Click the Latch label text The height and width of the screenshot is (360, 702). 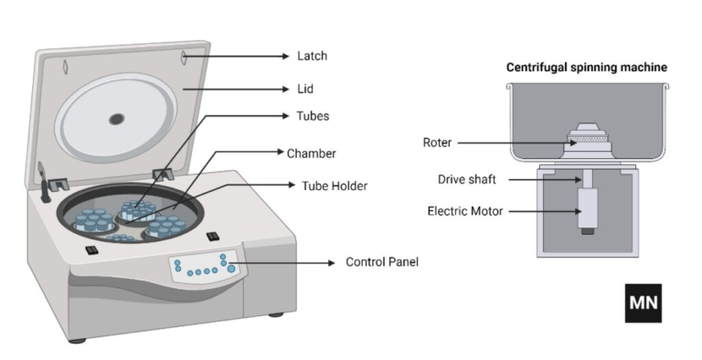312,57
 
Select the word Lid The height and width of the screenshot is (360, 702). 306,90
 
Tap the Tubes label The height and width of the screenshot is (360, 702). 312,117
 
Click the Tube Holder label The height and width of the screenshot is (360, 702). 335,185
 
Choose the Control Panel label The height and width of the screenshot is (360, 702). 381,262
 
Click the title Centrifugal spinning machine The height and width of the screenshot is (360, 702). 587,68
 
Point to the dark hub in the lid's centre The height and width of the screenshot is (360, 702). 117,119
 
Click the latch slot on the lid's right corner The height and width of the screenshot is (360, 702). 183,58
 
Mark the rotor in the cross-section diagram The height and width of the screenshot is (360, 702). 586,139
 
